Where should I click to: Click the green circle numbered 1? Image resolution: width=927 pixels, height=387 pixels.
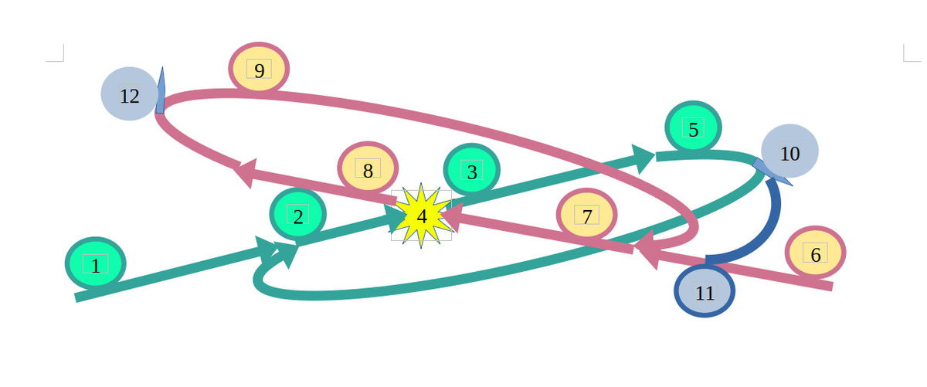point(95,264)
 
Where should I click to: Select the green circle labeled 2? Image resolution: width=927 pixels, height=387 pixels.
point(297,214)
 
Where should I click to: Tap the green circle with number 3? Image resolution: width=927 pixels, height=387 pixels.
point(471,170)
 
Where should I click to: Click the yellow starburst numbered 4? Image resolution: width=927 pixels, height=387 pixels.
point(421,216)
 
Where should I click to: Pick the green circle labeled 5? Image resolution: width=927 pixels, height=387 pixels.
point(693,128)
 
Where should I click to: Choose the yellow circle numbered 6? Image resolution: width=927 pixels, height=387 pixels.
point(815,253)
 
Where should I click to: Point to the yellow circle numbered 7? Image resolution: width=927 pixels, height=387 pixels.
point(587,214)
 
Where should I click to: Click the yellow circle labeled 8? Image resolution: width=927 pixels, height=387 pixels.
point(368,169)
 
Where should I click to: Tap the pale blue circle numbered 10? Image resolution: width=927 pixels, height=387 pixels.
point(789,151)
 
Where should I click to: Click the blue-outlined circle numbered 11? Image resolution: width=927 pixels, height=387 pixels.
point(705,292)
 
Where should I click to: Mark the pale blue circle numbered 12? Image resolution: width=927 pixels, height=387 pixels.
point(130,94)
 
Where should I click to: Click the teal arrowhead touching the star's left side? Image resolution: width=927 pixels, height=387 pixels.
point(398,219)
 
